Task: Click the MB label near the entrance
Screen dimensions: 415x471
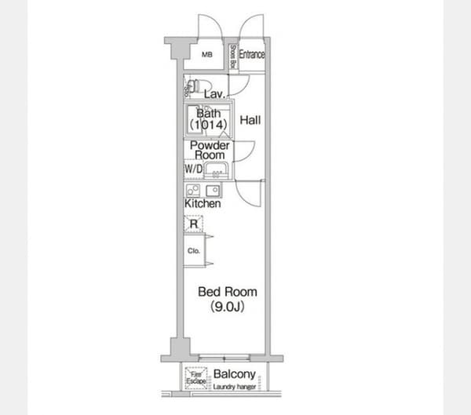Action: tap(207, 55)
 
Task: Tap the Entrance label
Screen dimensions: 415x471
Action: tap(252, 55)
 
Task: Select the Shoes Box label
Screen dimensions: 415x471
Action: tap(233, 56)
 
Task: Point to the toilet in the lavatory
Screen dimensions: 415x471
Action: tap(192, 86)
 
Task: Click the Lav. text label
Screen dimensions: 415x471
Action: tap(214, 95)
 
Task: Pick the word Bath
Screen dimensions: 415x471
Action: tap(208, 113)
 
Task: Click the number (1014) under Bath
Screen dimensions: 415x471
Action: tap(208, 125)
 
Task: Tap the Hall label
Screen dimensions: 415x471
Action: tap(250, 120)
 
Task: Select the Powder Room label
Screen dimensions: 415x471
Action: tap(209, 150)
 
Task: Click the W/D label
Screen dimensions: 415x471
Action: tap(193, 169)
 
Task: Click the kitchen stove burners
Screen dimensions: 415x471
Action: tap(193, 190)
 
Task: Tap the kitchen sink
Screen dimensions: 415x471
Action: tap(213, 190)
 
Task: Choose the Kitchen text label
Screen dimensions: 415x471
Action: tap(203, 204)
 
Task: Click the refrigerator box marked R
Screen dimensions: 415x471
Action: tap(193, 224)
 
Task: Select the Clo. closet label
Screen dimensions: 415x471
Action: tap(193, 251)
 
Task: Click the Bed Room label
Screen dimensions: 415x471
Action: tap(227, 292)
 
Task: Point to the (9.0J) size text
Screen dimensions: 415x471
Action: tap(228, 307)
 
